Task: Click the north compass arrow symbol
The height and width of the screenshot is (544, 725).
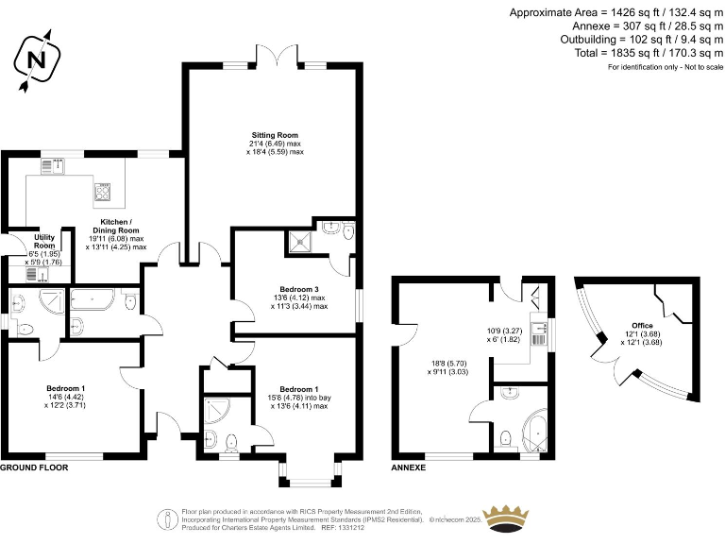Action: (x=36, y=60)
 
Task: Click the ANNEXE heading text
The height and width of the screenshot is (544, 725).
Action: (x=409, y=467)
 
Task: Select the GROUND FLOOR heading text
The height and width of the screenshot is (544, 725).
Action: (x=35, y=467)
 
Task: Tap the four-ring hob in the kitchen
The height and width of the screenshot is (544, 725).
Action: (x=101, y=193)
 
